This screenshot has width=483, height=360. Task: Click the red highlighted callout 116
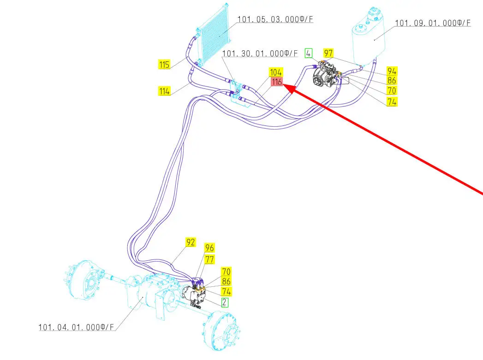click(276, 82)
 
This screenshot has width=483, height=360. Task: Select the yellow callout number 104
click(276, 72)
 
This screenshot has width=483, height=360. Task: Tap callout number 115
click(164, 65)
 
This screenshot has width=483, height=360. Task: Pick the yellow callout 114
click(164, 91)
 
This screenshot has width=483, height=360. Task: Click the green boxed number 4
click(309, 53)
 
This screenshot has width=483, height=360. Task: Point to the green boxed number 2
click(224, 302)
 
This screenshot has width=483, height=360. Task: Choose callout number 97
click(328, 53)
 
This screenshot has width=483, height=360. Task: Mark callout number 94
click(392, 71)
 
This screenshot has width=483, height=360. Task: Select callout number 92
click(191, 242)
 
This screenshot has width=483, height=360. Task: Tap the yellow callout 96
click(209, 248)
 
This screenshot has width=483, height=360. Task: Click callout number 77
click(209, 259)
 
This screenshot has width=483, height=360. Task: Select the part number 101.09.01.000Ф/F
click(433, 23)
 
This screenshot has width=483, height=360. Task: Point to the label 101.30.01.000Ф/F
click(260, 54)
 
